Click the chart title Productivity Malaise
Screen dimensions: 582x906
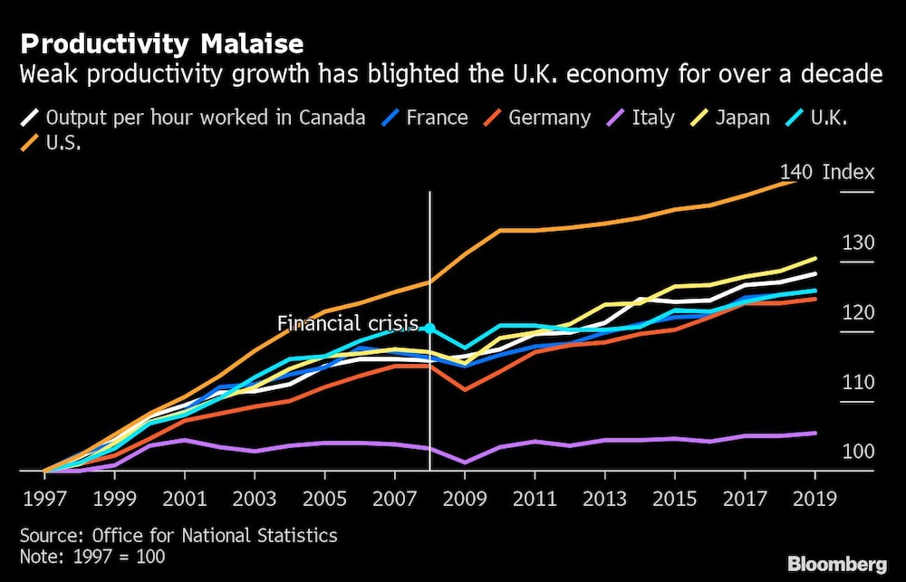162,43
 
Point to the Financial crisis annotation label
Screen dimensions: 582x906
347,323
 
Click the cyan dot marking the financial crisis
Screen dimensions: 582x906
429,329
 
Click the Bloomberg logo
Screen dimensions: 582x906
836,564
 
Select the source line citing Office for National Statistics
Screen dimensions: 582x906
178,536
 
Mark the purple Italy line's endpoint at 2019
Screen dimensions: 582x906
814,433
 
